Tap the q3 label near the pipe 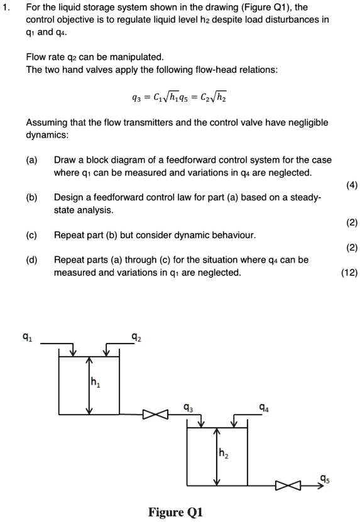tap(187, 406)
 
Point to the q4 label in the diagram tap(266, 406)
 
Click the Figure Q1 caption tap(175, 512)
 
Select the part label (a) tap(31, 160)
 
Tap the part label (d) tap(31, 259)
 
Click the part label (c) tap(31, 234)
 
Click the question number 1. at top tap(8, 10)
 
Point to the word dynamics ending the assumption tap(48, 135)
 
